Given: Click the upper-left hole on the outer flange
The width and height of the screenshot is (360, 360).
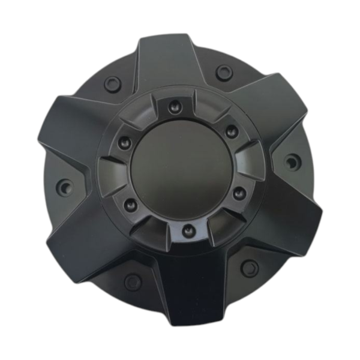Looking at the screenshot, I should pos(112,82).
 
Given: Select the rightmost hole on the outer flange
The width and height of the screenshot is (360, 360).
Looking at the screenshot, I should pos(292,162).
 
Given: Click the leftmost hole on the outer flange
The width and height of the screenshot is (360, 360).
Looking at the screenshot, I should pos(65,185).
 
